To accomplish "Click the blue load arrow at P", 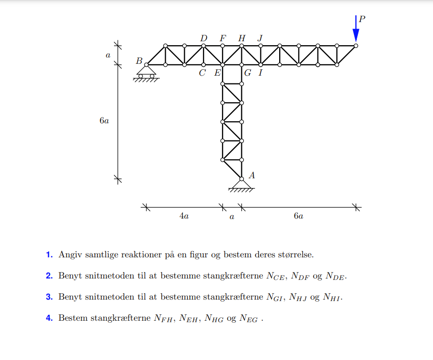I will pos(356,29).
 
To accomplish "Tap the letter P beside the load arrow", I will pos(362,19).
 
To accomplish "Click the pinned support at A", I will pos(241,184).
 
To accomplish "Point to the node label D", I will pos(203,38).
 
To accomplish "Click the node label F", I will pos(223,38).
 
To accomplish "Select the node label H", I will pos(241,38).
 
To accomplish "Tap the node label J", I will pos(260,38).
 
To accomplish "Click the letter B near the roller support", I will pos(139,61).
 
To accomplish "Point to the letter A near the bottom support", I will pos(252,175).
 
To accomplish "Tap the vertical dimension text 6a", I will pos(104,121).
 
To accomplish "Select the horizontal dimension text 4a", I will pos(183,216).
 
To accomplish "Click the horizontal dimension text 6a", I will pos(298,216).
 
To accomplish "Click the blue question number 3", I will pos(49,297).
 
